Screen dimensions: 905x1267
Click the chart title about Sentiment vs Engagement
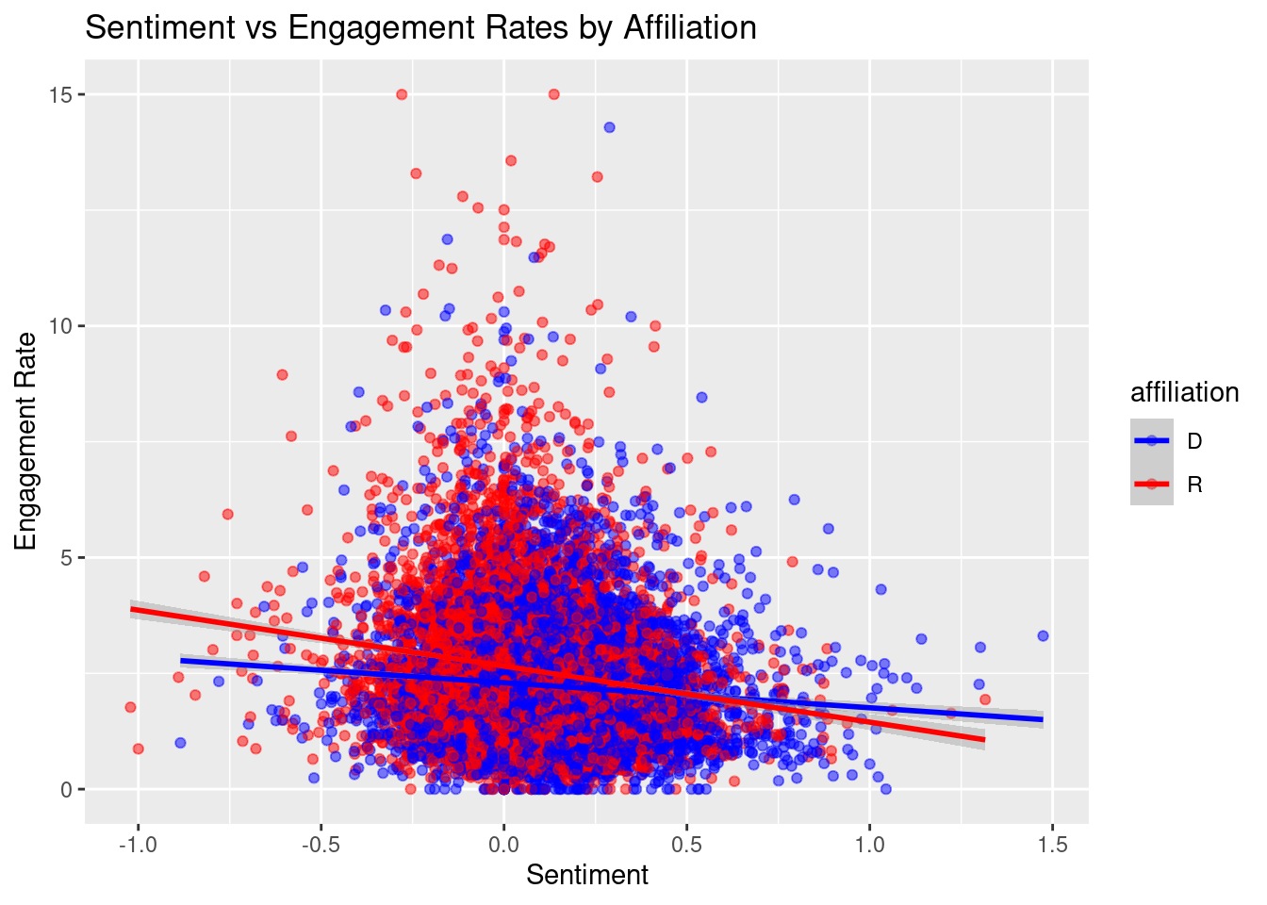point(420,28)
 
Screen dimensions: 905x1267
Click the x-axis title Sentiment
point(586,875)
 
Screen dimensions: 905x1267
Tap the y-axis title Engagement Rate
point(25,441)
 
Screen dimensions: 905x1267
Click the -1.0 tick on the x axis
point(138,845)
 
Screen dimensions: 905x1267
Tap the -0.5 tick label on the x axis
point(321,845)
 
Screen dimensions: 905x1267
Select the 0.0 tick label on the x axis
point(503,845)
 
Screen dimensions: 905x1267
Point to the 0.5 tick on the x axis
point(686,845)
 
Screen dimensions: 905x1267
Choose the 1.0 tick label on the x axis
point(869,845)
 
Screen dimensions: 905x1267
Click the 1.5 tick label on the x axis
point(1052,845)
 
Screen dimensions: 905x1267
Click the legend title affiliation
point(1184,392)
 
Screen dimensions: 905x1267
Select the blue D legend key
point(1152,440)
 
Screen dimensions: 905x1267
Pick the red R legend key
point(1152,485)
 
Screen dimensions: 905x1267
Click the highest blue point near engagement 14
point(609,127)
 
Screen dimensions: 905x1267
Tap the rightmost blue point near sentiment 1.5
point(1043,635)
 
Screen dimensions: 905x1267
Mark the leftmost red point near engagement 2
point(130,707)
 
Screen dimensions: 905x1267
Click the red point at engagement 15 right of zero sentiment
point(553,94)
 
